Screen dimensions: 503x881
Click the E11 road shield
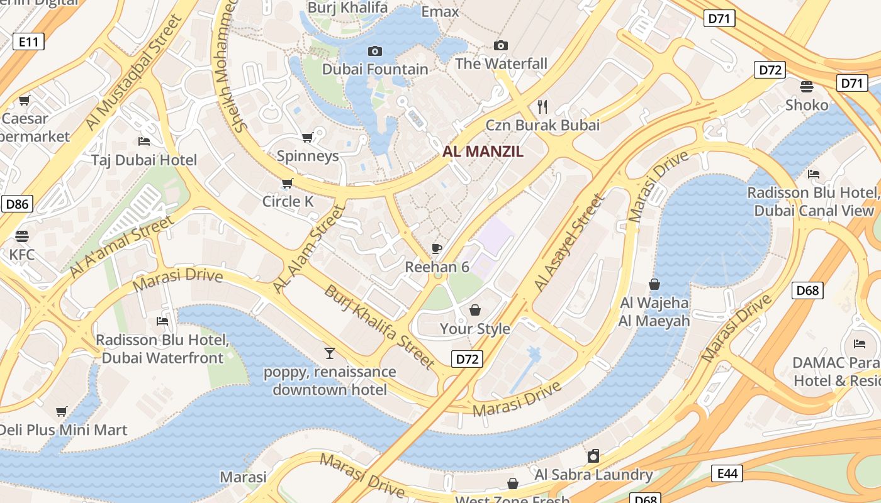point(28,42)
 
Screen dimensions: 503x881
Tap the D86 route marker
point(17,204)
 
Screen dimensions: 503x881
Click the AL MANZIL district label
point(483,152)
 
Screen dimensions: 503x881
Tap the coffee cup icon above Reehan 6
point(437,248)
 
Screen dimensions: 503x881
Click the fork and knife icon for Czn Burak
point(542,106)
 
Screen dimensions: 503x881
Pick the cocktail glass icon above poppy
point(329,353)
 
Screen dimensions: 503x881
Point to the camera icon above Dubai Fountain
point(375,51)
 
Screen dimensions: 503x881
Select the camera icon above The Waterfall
point(501,45)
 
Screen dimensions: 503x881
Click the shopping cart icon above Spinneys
point(308,137)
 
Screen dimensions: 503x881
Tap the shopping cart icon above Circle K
point(288,183)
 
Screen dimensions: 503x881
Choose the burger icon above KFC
point(22,236)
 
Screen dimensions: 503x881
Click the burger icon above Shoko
point(807,86)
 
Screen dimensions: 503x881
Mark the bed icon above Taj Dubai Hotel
point(144,141)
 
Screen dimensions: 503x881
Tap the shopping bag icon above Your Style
point(475,310)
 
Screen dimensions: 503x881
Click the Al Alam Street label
point(309,249)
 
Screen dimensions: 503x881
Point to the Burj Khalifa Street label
point(379,326)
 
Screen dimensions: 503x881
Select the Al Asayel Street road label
point(569,243)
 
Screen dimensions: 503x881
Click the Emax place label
point(440,12)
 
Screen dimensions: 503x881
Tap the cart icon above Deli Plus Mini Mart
point(62,412)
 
